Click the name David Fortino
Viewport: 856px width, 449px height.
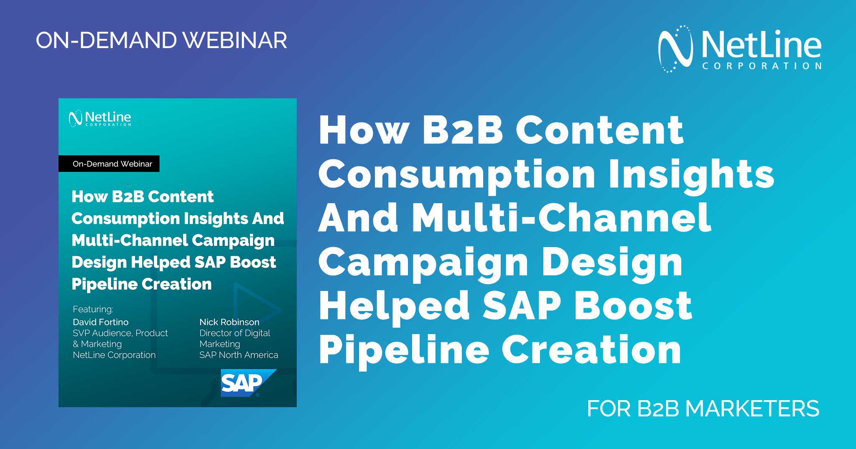pos(100,322)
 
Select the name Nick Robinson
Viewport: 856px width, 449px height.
pos(229,322)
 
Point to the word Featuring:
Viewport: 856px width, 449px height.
pos(93,309)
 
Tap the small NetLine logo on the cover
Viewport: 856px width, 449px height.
pos(100,118)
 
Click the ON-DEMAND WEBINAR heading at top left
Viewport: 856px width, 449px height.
pos(161,41)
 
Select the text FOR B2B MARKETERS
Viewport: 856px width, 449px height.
pos(703,408)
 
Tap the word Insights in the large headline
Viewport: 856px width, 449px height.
pos(691,174)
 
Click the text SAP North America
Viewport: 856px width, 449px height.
pos(239,355)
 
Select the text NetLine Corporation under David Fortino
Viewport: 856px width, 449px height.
pos(114,355)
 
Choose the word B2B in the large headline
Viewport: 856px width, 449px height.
pos(463,130)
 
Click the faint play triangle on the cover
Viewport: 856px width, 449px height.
pos(255,309)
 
